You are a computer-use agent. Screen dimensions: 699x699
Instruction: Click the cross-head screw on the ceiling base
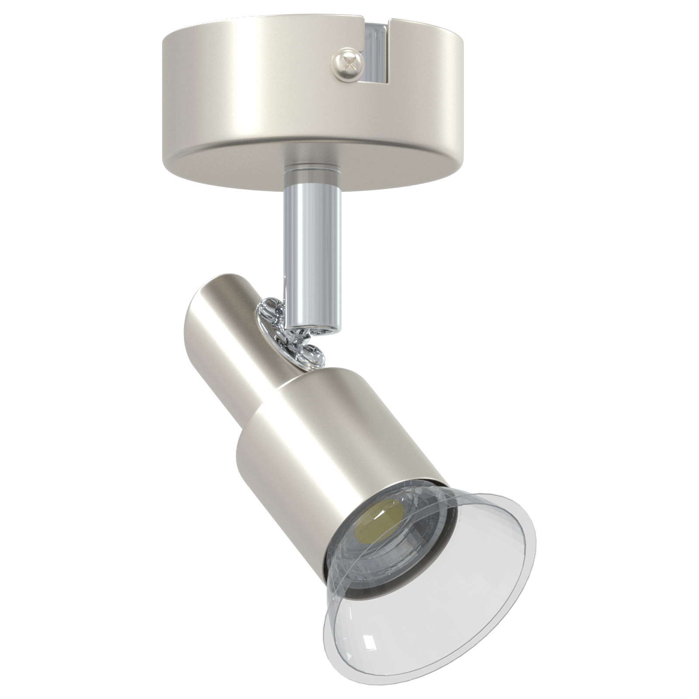point(348,64)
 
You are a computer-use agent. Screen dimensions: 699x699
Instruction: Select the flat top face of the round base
point(271,26)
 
